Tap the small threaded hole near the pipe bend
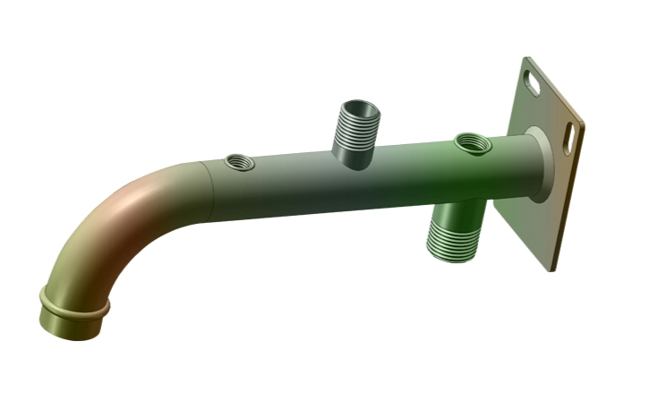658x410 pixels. click(239, 162)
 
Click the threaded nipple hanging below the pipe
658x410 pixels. click(455, 233)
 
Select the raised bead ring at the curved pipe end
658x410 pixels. click(74, 304)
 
